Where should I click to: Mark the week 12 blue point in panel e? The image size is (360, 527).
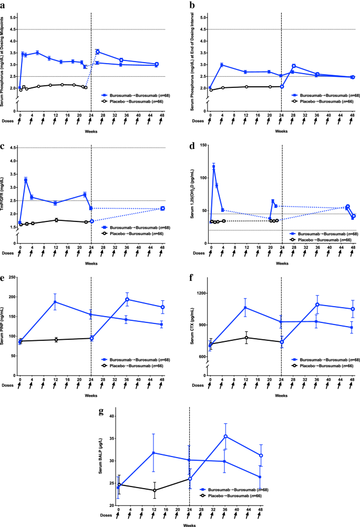pyautogui.click(x=55, y=302)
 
